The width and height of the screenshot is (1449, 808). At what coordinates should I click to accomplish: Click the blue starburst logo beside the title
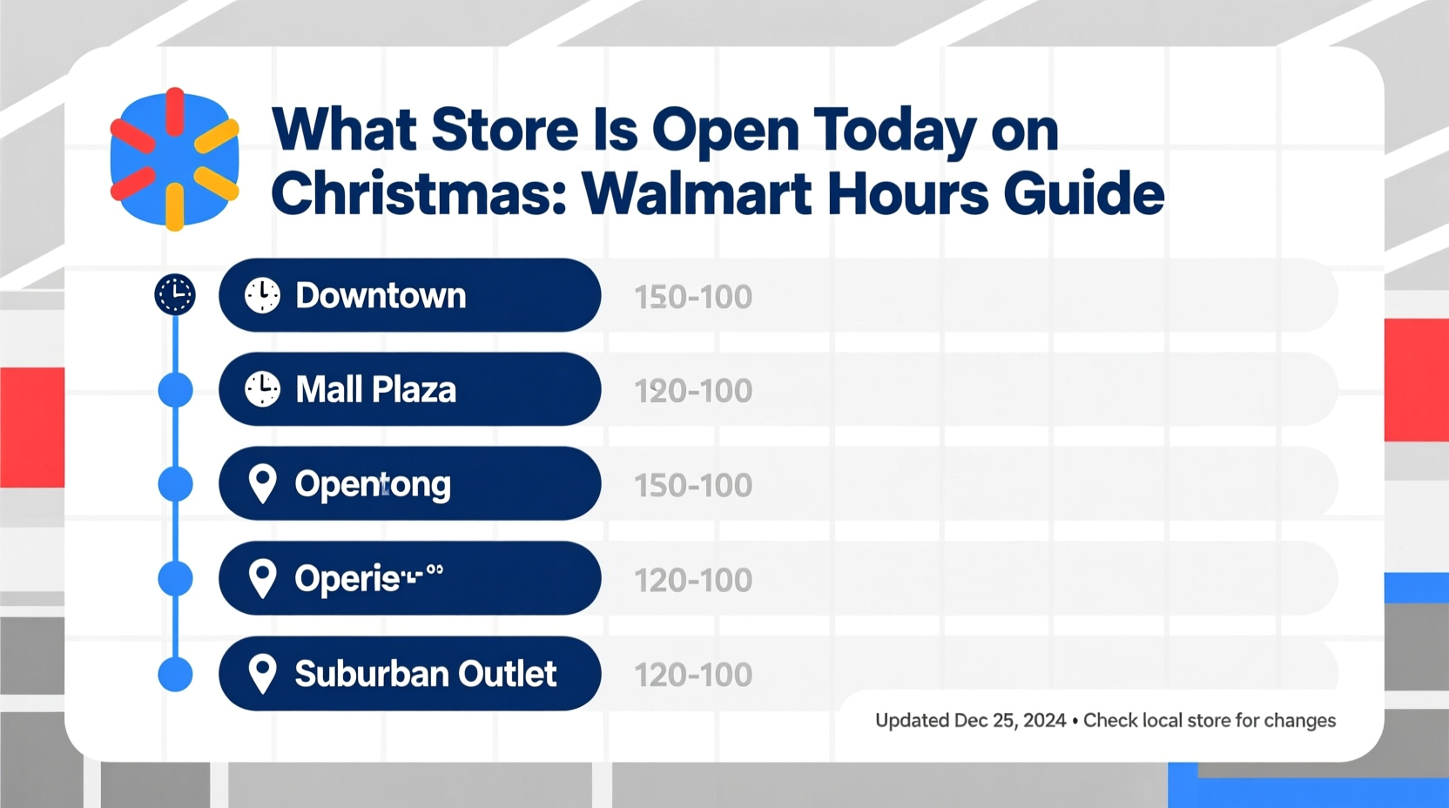[174, 159]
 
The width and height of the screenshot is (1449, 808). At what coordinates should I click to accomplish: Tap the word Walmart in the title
[697, 193]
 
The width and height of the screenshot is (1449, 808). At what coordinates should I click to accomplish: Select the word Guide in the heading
[1083, 193]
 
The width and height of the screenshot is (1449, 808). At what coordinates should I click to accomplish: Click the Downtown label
[381, 296]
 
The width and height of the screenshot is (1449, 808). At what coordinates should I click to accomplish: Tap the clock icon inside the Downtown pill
[262, 296]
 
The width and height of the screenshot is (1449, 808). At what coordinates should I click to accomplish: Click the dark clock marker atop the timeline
[175, 294]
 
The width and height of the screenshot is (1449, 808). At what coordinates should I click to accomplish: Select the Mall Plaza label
[375, 390]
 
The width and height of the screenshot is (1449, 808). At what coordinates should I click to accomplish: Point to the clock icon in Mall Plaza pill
[262, 389]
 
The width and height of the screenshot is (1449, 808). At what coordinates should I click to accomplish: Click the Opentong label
[373, 484]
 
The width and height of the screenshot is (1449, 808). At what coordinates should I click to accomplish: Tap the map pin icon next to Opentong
[262, 483]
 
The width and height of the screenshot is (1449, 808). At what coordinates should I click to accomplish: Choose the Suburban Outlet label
[425, 674]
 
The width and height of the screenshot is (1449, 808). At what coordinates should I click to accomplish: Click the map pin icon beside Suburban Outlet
[262, 673]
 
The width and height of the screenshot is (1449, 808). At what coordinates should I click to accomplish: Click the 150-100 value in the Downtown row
[693, 298]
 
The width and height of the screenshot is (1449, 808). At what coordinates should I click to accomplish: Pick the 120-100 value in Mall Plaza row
[693, 392]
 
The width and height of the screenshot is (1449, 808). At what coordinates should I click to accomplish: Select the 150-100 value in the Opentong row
[693, 486]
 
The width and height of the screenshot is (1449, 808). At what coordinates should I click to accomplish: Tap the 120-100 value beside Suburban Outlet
[693, 676]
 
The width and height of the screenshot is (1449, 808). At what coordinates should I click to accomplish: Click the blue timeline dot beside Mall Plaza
[176, 390]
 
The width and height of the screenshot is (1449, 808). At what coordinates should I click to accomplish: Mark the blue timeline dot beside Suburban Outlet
[176, 674]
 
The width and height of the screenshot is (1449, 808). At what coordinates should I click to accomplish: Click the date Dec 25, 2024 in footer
[1009, 721]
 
